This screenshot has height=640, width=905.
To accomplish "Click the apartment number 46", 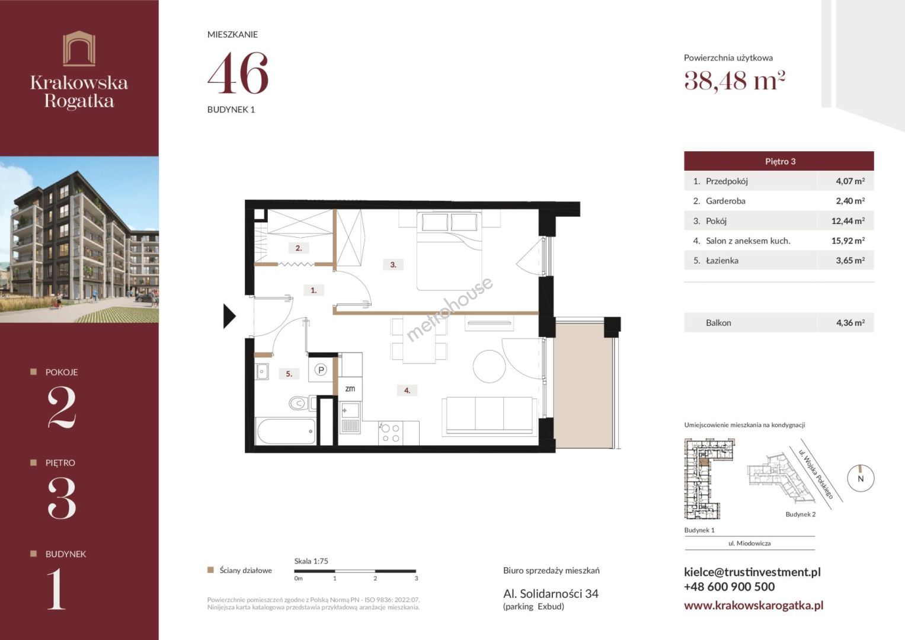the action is pos(238,73).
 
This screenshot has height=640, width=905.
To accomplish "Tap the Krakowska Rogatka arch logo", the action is pos(79,49).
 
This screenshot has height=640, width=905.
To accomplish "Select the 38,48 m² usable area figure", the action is pos(734,81).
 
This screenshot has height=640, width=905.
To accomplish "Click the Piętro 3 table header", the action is pos(779,161).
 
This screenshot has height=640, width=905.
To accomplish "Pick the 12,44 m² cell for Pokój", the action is pos(848,221).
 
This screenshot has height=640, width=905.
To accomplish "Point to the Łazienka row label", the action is pos(722,261).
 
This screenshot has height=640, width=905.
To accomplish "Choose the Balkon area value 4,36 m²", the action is pos(850,323).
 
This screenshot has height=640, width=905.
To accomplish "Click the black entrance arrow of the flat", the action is pos(229,316).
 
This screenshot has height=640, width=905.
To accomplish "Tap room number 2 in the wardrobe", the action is pos(299,248).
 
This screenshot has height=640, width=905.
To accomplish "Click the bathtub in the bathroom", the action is pos(286,431).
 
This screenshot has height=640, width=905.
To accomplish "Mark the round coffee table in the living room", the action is pos(490,366).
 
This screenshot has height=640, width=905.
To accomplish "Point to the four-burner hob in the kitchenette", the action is pos(391,433).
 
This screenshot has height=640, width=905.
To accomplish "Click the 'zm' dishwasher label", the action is pos(350,389).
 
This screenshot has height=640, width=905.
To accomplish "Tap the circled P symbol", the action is pos(321,370).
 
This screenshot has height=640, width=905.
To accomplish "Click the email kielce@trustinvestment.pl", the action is pos(752,572).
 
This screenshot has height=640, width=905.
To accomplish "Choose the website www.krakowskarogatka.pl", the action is pos(753,606).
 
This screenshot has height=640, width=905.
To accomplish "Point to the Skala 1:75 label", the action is pos(311,561).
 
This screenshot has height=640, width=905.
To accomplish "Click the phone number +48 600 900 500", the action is pos(729,587).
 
